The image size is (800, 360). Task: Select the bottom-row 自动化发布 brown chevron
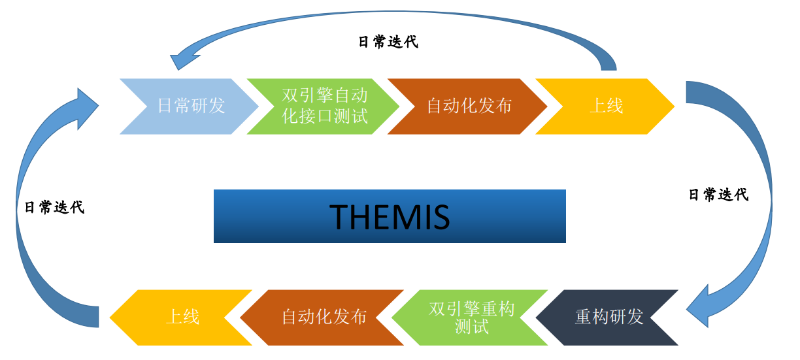324,317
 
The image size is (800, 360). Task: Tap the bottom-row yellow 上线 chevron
182,317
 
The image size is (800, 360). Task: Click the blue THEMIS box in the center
390,216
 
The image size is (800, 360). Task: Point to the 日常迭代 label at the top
388,42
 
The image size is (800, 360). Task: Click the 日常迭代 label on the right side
718,194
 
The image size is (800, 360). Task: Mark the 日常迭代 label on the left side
54,207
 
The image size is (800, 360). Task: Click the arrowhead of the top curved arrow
184,59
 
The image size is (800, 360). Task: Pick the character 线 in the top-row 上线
615,106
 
